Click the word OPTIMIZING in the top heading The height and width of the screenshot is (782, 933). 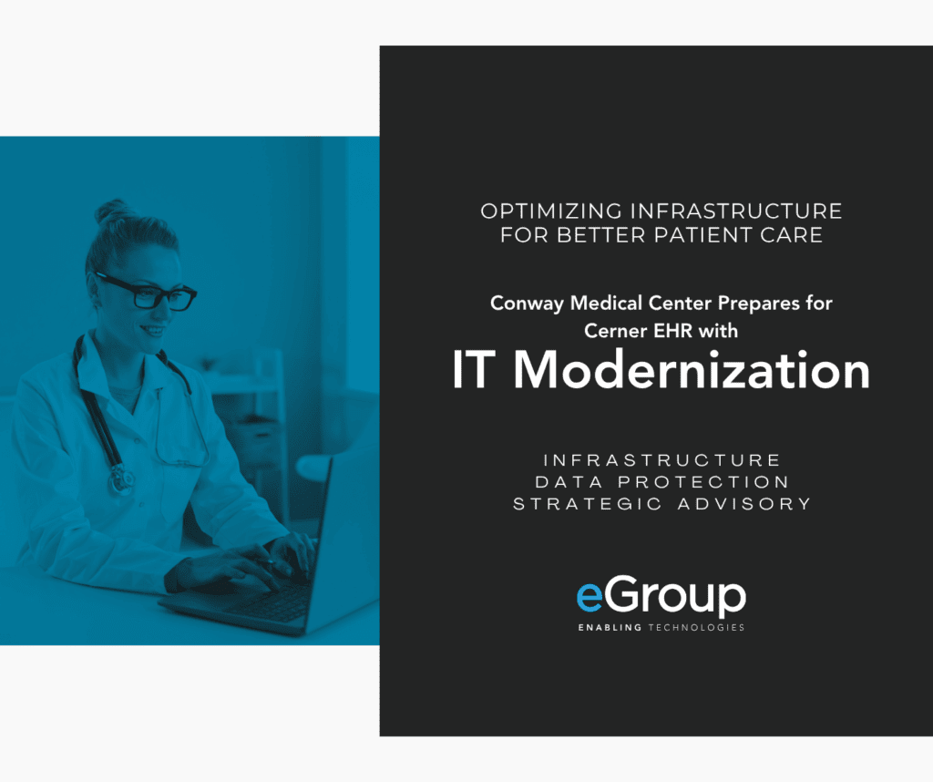pyautogui.click(x=551, y=211)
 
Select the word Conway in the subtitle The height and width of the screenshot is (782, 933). pyautogui.click(x=527, y=304)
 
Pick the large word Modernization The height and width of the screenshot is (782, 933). pyautogui.click(x=692, y=370)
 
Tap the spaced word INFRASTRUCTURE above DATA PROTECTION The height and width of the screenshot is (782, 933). pyautogui.click(x=661, y=460)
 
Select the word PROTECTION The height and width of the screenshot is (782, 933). pyautogui.click(x=703, y=482)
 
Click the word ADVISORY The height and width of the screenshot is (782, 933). pyautogui.click(x=744, y=504)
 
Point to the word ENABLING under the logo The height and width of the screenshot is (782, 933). pyautogui.click(x=610, y=627)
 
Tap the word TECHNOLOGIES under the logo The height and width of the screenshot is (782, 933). pyautogui.click(x=696, y=627)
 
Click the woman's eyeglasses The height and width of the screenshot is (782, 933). pyautogui.click(x=147, y=291)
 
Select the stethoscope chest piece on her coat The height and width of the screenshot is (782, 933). pyautogui.click(x=121, y=479)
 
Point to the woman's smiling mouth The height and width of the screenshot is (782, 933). pyautogui.click(x=153, y=329)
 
